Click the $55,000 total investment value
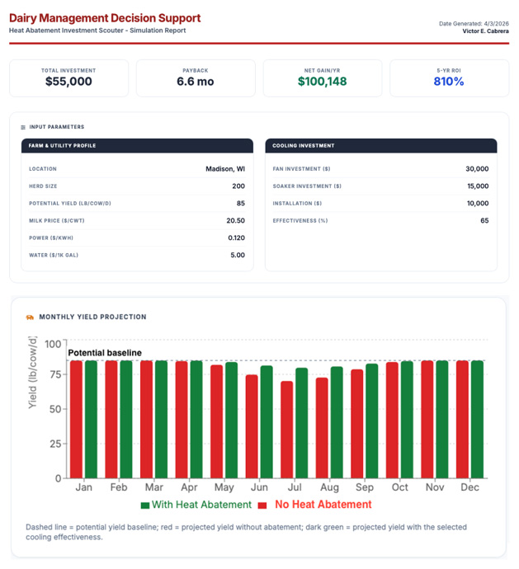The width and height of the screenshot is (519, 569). point(68,82)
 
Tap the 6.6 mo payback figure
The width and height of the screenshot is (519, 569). point(196,82)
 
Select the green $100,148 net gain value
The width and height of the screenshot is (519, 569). point(322,82)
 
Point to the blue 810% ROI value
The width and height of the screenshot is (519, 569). point(449,82)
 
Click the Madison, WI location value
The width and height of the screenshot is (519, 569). point(225,169)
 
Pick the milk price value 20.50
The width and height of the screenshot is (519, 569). point(235,221)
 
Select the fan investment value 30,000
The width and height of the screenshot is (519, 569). point(477,169)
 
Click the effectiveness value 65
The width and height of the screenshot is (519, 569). point(484,221)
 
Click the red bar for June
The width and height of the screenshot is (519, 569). point(252,426)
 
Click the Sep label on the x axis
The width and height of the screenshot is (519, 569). point(365,487)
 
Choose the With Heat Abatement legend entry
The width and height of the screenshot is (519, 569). point(196,505)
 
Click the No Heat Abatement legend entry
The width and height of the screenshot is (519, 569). point(316,505)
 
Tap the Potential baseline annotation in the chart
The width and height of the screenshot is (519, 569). point(105,353)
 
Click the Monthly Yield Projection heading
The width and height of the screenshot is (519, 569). point(92,317)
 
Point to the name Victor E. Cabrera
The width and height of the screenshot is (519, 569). point(485,31)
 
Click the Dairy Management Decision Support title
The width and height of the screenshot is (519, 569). point(105,18)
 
